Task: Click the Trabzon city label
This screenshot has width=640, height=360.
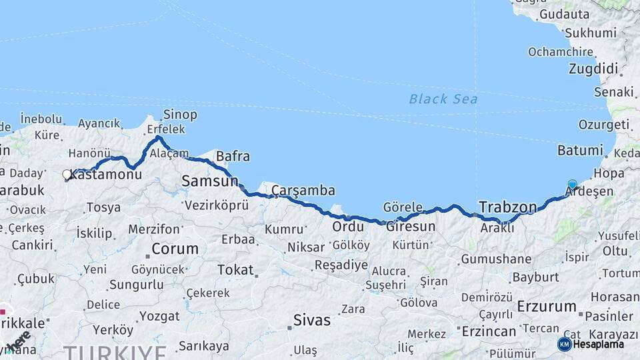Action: (507, 207)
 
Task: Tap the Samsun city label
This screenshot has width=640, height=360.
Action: (209, 181)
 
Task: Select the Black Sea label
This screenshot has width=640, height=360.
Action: (443, 99)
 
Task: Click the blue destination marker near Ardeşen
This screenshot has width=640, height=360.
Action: (572, 184)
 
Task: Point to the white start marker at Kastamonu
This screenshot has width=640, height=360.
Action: (67, 175)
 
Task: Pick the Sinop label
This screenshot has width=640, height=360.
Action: (180, 115)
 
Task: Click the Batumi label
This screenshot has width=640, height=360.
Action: (579, 151)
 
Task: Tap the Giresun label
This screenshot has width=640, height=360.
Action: (410, 227)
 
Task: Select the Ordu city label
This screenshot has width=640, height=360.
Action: (348, 227)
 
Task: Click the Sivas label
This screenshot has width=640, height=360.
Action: (312, 321)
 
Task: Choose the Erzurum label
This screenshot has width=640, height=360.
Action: (546, 307)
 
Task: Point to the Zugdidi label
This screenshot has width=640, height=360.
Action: (593, 69)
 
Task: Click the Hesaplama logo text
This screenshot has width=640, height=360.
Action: (598, 344)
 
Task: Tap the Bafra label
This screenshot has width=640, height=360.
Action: (233, 157)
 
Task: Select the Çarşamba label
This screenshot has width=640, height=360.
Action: (303, 191)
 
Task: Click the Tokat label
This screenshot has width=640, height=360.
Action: (235, 270)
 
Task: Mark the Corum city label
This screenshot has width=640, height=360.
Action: (175, 249)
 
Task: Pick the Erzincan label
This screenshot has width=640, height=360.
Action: (489, 331)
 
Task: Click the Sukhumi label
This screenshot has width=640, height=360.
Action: (590, 33)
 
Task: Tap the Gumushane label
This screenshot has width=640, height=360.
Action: (496, 259)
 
